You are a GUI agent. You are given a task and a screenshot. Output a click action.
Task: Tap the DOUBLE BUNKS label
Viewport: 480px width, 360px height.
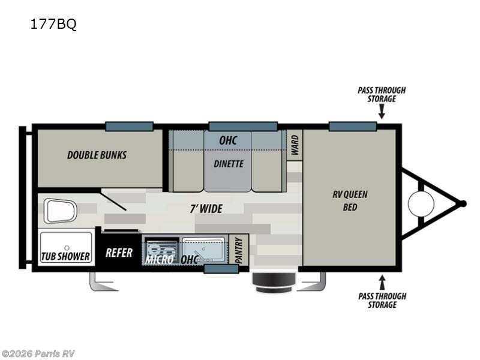(97, 155)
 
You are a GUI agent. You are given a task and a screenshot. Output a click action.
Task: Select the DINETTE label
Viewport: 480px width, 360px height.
(229, 163)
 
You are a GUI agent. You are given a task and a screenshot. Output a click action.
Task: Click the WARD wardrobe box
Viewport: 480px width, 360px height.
(295, 145)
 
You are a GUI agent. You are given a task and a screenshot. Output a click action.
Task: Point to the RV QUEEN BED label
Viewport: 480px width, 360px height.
(350, 200)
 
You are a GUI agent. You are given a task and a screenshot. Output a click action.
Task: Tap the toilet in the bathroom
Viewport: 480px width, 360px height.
(61, 211)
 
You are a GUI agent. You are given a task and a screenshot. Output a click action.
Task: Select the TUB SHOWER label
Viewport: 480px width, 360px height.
(65, 256)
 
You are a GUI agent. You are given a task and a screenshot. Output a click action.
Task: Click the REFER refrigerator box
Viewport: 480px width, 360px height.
(119, 253)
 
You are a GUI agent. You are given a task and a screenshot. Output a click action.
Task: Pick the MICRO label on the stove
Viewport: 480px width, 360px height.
(160, 259)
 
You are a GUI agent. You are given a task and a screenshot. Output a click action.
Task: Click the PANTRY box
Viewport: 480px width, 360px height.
(239, 250)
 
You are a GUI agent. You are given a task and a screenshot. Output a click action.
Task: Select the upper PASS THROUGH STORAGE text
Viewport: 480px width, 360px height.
(382, 94)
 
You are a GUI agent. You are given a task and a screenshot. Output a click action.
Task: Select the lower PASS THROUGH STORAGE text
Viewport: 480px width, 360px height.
(382, 300)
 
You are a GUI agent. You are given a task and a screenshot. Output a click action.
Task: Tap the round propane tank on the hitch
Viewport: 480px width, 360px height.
(421, 204)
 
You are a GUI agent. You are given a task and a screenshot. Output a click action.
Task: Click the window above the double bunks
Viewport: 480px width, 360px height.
(129, 126)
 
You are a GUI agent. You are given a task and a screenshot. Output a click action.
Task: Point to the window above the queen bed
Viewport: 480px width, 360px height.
(352, 126)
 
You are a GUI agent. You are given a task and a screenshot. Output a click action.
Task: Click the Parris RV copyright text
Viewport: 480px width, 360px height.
(38, 353)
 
